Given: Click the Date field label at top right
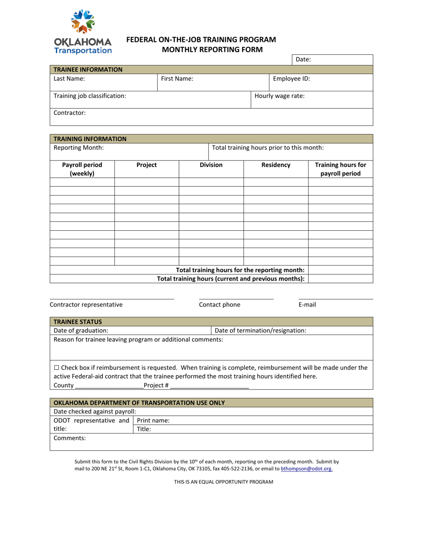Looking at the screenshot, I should point(303,59).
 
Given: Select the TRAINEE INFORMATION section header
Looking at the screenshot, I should point(88,70).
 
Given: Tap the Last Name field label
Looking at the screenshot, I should point(69,79).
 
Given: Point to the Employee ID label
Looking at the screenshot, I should point(291,79).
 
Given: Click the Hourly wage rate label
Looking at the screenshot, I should point(280,96).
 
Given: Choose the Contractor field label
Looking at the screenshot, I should point(69,113).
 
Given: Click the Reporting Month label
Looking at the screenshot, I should point(78,147).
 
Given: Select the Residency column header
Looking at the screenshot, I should point(276,165).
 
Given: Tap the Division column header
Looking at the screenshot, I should point(211,165).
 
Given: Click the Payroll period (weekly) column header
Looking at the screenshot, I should point(82,169).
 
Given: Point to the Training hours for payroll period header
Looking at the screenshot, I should point(341,169).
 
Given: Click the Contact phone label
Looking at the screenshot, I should point(220,305).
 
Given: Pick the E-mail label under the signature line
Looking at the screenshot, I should point(307,305).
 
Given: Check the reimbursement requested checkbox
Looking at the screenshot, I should point(56,368).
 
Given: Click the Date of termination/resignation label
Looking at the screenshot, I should point(260,331).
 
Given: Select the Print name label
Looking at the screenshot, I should point(153,420).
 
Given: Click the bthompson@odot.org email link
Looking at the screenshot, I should point(306,469).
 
